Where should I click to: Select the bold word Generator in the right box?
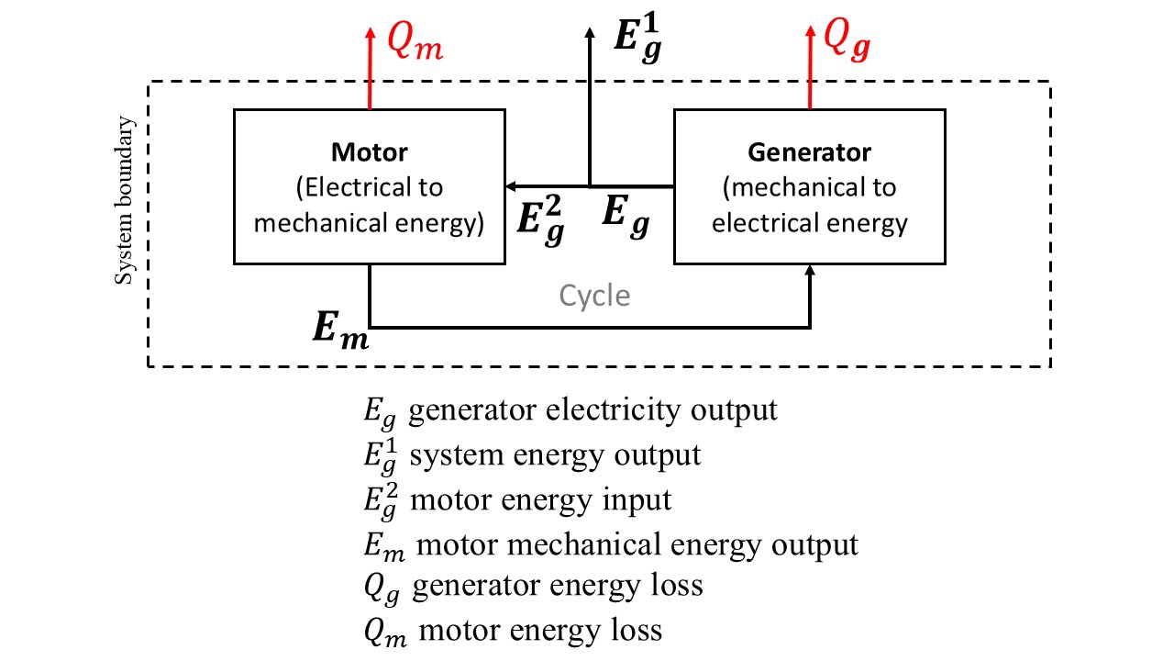(x=809, y=151)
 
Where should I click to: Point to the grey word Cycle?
(x=594, y=297)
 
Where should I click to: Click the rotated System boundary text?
(x=126, y=200)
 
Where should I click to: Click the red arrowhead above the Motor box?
(x=370, y=32)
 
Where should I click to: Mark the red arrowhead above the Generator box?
(x=810, y=32)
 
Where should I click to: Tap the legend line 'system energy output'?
(x=556, y=454)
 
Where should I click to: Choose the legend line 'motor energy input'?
(x=541, y=499)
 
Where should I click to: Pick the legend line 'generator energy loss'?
(x=558, y=586)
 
